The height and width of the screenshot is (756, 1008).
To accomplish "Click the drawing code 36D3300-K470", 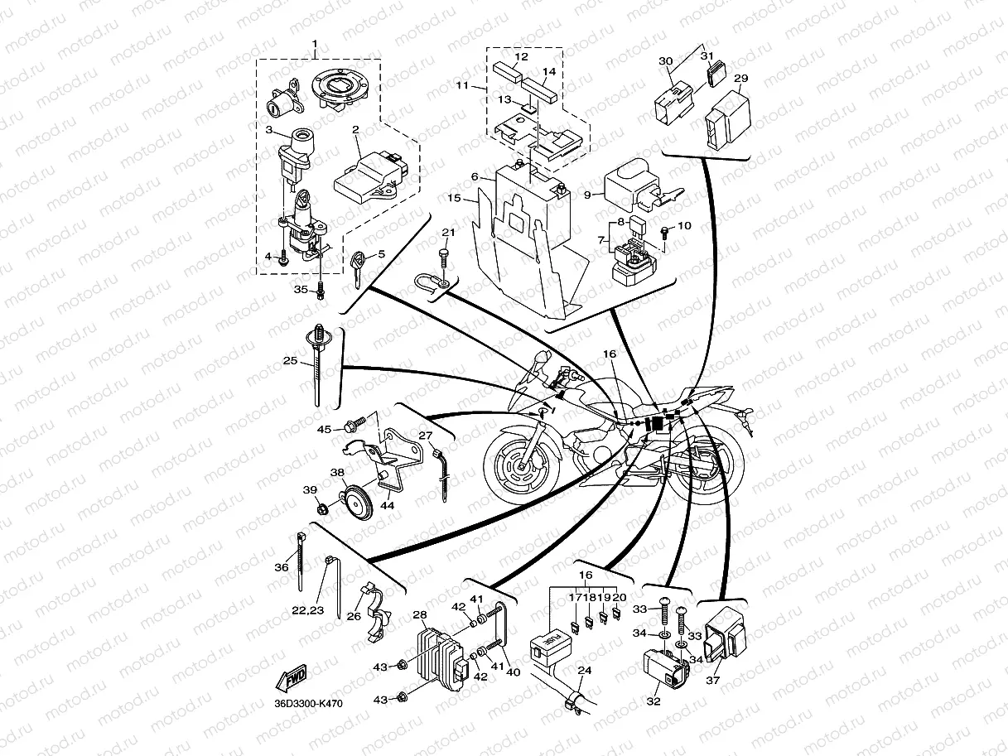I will (307, 704).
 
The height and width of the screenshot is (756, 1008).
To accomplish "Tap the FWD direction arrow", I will (293, 679).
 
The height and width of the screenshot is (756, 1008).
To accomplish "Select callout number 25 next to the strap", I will (290, 361).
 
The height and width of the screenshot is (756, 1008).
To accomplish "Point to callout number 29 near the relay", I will (741, 79).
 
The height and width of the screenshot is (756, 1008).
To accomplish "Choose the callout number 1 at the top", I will (315, 42).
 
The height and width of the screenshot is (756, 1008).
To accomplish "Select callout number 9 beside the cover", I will (586, 195).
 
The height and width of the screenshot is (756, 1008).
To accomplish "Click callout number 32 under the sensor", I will (654, 701).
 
